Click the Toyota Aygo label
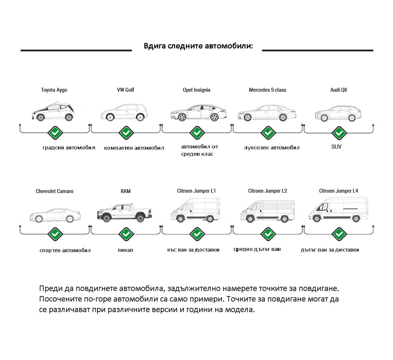pos(54,90)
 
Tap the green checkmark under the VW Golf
pos(126,133)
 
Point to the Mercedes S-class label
pos(267,90)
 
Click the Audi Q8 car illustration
pos(338,113)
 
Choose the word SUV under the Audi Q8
pos(336,147)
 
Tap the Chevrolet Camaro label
pos(55,191)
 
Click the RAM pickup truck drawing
pos(124,213)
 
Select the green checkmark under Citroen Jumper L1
pos(197,234)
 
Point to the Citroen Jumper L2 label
pos(267,191)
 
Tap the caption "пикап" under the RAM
pos(125,250)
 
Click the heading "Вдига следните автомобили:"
pos(198,46)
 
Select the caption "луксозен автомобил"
pos(272,148)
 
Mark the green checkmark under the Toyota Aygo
pos(55,133)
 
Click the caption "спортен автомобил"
pos(65,250)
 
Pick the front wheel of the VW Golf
pos(109,117)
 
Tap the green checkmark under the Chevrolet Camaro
pos(55,234)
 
